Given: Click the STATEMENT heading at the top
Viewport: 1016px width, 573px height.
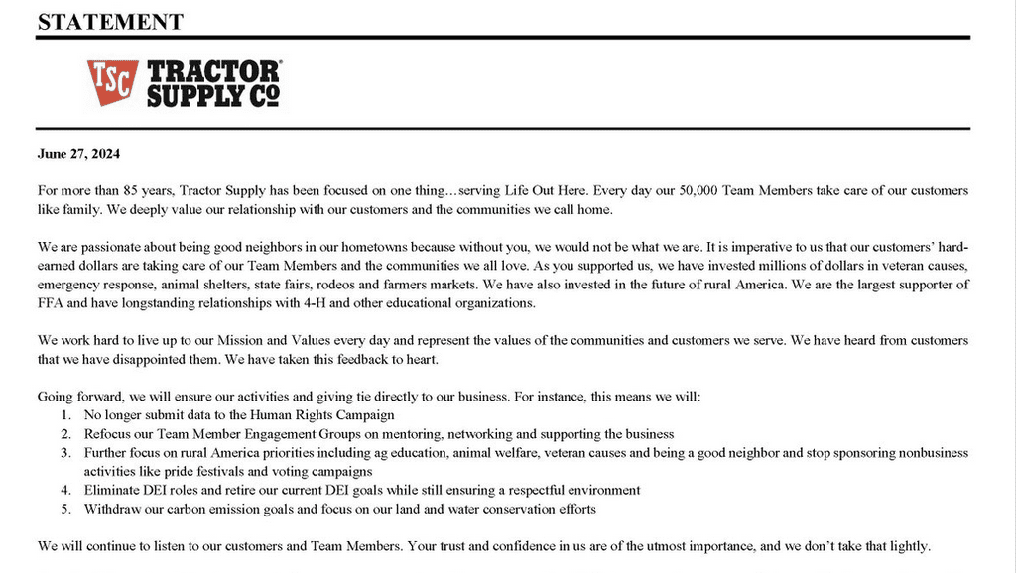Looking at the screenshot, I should (x=110, y=21).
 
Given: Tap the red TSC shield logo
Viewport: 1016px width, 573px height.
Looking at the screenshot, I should (x=112, y=83).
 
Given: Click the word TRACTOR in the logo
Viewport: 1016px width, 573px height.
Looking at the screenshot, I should (x=213, y=71).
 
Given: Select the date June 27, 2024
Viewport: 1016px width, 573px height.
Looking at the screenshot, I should (x=78, y=154).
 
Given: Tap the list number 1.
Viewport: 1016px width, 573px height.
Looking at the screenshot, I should (x=66, y=415).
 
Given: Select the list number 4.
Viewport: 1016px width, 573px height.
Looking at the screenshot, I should (x=66, y=491).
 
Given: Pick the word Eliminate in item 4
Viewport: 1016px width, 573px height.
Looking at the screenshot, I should (x=112, y=491).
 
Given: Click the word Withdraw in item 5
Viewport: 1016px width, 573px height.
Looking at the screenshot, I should (x=112, y=510).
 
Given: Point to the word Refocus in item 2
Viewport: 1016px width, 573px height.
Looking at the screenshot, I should (x=109, y=434).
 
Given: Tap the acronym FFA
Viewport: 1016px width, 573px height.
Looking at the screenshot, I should (x=52, y=303).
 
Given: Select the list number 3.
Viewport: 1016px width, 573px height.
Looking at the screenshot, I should (x=66, y=453).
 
